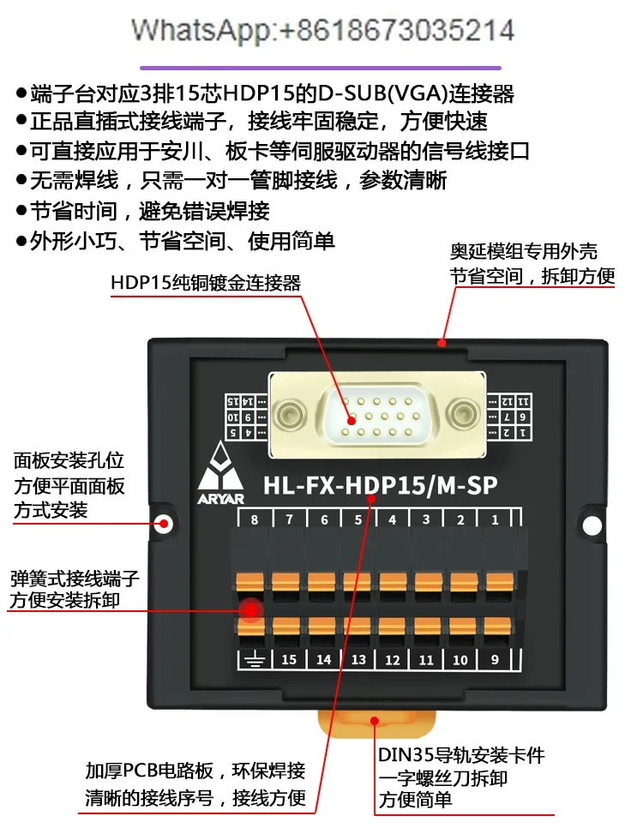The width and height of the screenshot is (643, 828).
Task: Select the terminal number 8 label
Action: point(254,520)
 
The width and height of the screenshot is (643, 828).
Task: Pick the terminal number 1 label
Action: point(496,520)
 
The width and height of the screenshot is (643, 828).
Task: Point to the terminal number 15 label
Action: point(289,660)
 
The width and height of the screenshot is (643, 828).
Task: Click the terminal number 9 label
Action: point(496,660)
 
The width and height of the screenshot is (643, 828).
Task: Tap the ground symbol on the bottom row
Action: point(254,660)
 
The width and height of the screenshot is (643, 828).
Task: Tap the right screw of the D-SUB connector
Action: point(465,414)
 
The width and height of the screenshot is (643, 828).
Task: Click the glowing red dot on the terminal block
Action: point(250,610)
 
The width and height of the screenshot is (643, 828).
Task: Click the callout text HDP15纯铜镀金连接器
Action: point(206,283)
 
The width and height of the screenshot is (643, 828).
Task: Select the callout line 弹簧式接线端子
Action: point(75,578)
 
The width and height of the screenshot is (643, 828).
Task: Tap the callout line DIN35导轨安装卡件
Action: point(461,756)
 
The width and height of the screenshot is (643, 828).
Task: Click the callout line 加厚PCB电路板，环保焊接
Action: point(195,771)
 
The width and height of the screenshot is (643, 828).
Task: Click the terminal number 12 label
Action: point(392,660)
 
